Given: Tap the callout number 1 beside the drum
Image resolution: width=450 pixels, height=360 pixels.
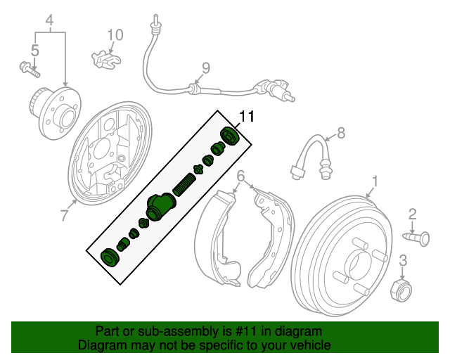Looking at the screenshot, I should (x=375, y=181).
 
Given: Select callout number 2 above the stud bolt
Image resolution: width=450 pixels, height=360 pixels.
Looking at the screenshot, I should (x=413, y=213).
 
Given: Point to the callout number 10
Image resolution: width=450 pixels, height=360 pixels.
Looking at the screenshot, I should (x=115, y=34).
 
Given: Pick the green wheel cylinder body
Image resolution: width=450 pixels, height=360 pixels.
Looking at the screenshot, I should (x=160, y=207).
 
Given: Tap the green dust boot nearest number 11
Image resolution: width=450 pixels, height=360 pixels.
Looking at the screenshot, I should (x=231, y=136).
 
